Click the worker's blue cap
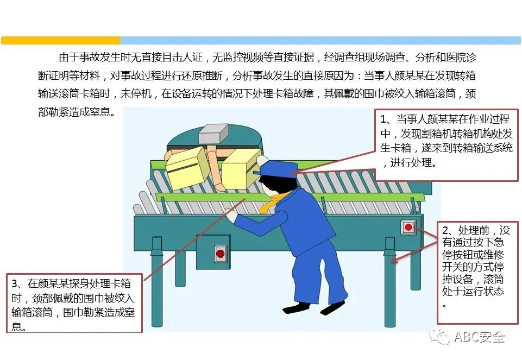276,169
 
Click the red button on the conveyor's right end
408,228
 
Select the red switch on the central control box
221,254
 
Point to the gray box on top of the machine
213,134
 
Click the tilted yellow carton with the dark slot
187,168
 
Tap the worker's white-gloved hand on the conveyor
230,214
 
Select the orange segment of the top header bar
61,40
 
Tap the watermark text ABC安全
480,337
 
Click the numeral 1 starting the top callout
383,119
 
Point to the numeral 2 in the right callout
445,231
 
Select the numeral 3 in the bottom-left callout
15,284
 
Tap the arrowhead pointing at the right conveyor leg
394,260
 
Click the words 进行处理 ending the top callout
412,163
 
